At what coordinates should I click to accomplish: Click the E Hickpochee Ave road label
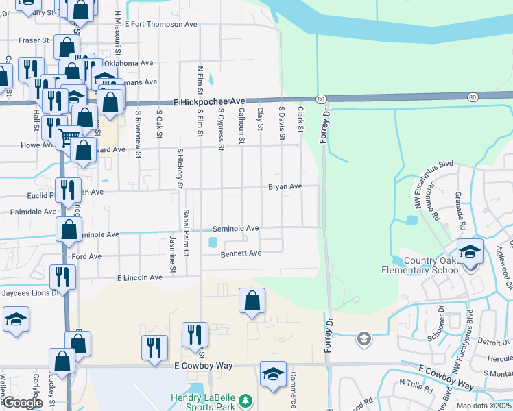204,101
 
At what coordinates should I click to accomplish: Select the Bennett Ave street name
241,253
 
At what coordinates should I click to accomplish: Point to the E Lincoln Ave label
140,277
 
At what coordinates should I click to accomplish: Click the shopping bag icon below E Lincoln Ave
252,301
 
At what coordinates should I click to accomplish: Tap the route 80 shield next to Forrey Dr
321,99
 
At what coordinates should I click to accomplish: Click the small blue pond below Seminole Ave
213,242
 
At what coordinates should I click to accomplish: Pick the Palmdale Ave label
34,212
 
